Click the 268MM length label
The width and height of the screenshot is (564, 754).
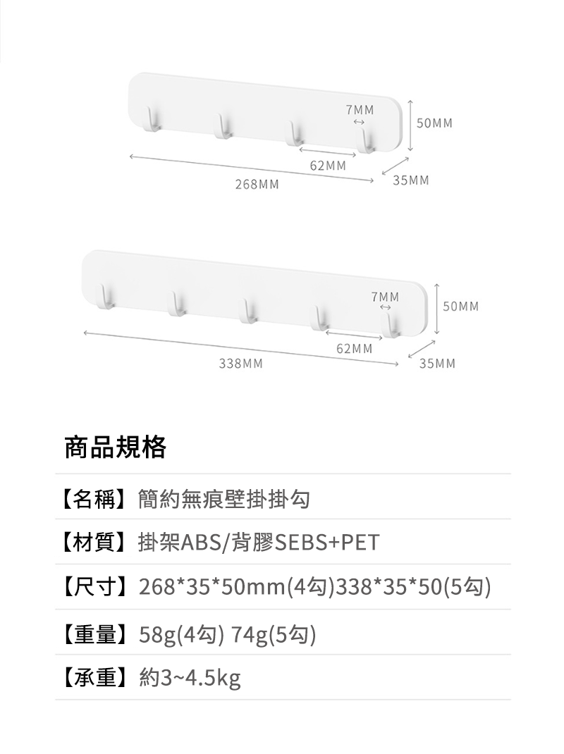257,185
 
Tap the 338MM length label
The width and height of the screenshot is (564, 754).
241,364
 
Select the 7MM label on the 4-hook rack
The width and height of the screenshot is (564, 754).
360,110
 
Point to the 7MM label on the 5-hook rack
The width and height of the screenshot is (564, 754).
386,297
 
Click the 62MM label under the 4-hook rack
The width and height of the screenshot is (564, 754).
329,166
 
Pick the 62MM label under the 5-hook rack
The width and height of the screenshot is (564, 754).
355,349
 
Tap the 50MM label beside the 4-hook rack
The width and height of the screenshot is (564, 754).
435,123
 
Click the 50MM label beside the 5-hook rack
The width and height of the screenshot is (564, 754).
461,307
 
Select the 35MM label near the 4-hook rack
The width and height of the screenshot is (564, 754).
411,181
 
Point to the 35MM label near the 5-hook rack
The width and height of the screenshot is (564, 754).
437,364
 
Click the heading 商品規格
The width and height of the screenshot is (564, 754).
116,447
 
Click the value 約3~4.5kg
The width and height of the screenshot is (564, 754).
190,679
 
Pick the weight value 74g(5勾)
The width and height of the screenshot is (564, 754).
274,636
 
